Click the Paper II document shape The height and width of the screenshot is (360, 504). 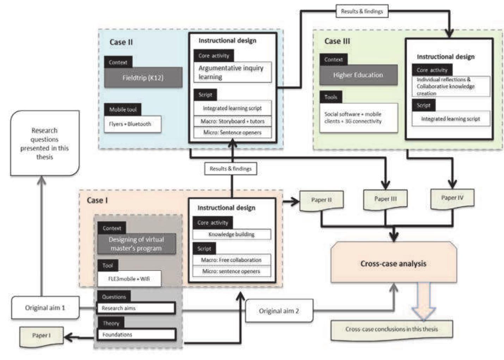pos(321,200)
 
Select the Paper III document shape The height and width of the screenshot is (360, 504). pos(385,199)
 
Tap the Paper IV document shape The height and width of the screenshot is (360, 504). pos(452,198)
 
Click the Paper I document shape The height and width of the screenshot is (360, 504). pos(41,336)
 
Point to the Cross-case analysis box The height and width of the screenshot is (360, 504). pos(393,263)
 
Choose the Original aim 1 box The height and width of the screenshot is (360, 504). pos(45,308)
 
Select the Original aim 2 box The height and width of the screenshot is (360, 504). pos(279,311)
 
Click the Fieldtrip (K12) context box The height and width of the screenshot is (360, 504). pos(143,78)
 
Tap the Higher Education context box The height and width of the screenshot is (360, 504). pos(358,75)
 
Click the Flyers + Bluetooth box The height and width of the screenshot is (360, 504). pos(133,124)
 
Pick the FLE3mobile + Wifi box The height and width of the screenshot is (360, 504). pos(129,279)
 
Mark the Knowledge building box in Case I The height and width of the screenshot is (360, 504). pos(232,235)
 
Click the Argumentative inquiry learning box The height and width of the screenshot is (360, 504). pos(232,73)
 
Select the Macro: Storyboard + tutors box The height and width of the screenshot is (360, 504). pos(232,122)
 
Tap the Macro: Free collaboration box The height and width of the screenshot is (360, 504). pos(232,260)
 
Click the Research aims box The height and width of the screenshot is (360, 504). pos(136,308)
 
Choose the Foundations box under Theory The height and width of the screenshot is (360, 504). pos(136,335)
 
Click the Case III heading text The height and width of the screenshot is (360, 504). pos(337,41)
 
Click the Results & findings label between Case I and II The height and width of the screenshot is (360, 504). pos(231,169)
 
